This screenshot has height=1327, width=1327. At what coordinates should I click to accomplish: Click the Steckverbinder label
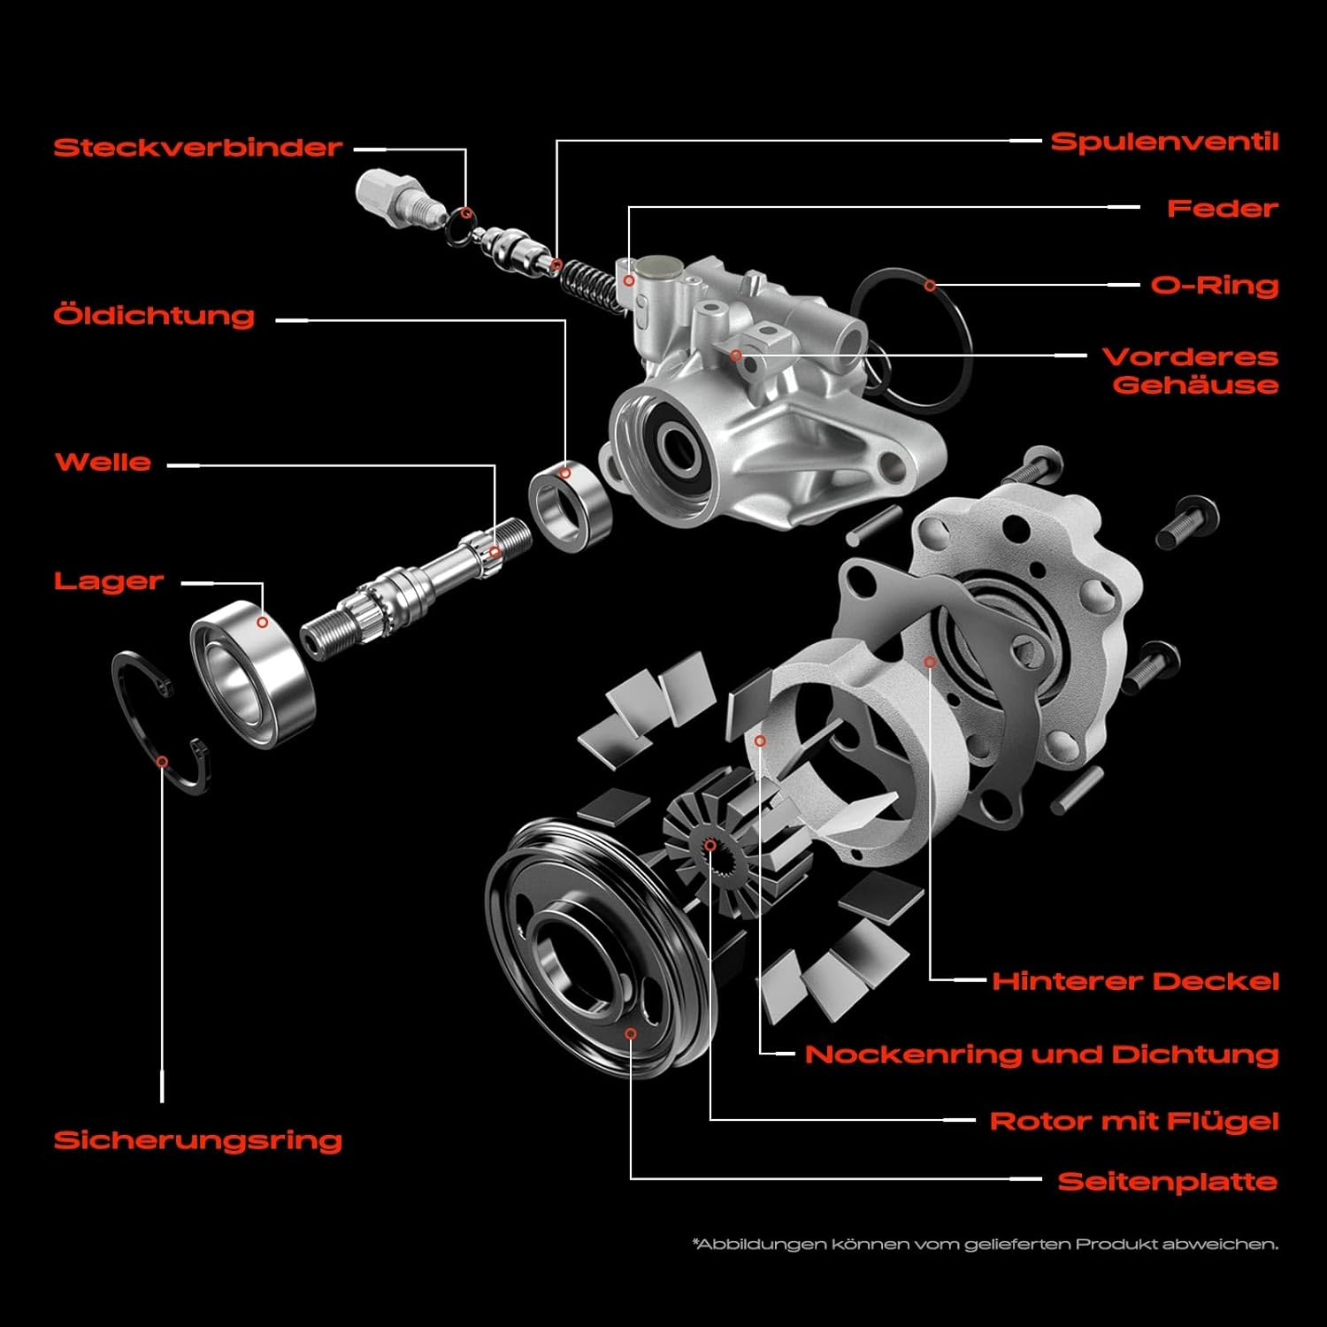197,147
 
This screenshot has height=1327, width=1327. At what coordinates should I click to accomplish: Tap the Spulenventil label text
1164,142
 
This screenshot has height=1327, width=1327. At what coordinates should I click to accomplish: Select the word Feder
1222,209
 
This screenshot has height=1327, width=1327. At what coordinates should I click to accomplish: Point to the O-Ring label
1214,286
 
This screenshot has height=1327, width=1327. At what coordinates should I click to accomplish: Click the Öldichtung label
154,316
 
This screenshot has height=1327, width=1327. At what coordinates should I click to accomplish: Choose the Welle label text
103,462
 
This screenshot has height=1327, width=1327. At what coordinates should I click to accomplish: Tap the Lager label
109,581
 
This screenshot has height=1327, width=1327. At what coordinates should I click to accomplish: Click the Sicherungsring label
197,1140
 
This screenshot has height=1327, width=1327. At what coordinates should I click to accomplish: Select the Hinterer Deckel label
1135,981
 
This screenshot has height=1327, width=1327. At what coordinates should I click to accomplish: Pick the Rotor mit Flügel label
1133,1122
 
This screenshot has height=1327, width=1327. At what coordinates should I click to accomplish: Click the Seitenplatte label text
1167,1182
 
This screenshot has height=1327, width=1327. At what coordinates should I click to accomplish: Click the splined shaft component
416,583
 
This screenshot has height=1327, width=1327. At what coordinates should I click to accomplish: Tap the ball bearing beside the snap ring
253,674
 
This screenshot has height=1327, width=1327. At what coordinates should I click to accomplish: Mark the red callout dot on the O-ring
930,286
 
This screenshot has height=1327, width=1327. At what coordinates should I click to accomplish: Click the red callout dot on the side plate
631,1033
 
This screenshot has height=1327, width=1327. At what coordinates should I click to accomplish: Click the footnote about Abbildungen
985,1245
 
